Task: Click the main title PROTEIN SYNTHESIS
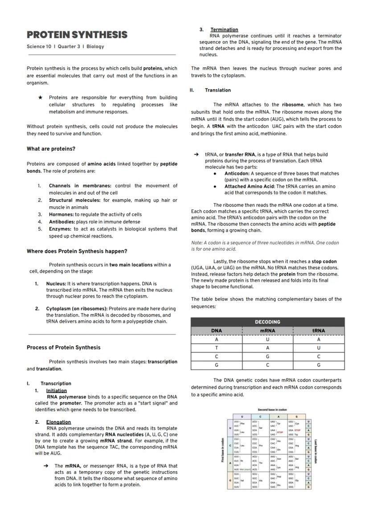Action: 77,35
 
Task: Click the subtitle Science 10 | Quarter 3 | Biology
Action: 65,46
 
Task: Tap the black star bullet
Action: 41,97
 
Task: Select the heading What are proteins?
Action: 51,149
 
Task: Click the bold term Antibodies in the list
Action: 61,222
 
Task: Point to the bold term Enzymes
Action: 60,229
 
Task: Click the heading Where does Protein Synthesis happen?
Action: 77,251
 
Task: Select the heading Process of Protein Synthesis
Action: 63,348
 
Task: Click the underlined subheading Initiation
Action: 56,390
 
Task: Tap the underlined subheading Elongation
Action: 58,422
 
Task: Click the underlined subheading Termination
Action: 224,29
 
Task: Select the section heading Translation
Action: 217,90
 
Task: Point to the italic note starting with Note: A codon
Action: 265,246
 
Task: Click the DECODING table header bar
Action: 267,322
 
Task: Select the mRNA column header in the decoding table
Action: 267,331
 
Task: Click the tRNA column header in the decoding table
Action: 319,331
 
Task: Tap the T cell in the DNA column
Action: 216,348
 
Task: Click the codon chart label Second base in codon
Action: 272,410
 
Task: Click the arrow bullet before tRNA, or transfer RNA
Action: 196,155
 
